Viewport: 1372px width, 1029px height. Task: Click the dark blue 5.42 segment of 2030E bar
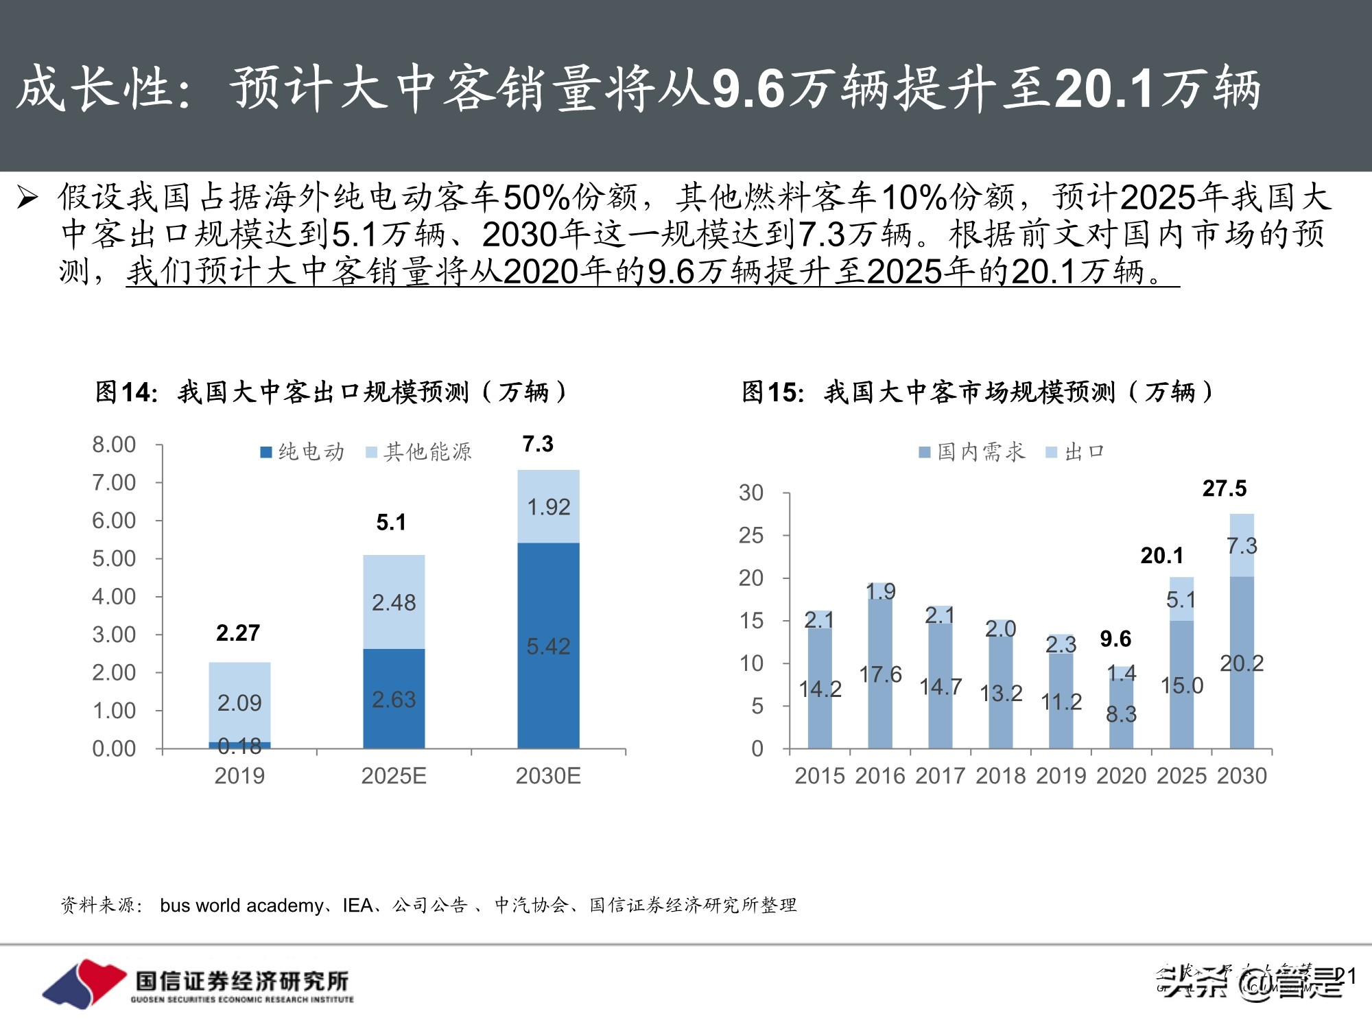pos(548,646)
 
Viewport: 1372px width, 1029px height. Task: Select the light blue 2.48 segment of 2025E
pos(394,602)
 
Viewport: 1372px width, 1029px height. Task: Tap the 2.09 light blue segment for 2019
pos(239,702)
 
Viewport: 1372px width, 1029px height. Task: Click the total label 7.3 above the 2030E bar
pos(537,444)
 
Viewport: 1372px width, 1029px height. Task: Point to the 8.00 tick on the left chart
pos(114,445)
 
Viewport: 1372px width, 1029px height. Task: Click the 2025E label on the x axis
pos(394,776)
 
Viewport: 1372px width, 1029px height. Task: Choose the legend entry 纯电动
pos(303,452)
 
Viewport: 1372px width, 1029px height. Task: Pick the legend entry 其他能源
pos(419,452)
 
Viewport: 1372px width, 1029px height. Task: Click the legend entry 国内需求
pos(973,452)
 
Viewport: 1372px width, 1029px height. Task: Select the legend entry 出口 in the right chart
pos(1076,452)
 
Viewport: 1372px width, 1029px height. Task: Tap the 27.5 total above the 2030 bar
pos(1224,488)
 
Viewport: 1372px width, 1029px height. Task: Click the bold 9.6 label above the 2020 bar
pos(1115,639)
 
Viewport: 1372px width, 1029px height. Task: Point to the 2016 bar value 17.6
pos(880,674)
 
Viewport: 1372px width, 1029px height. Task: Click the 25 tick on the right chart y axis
pos(751,535)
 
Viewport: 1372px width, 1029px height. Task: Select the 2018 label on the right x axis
pos(1000,776)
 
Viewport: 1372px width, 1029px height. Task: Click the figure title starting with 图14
pos(331,392)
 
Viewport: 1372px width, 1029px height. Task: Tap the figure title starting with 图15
pos(977,392)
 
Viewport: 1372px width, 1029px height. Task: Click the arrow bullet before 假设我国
pos(27,198)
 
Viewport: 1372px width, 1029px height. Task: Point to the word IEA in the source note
pos(357,906)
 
